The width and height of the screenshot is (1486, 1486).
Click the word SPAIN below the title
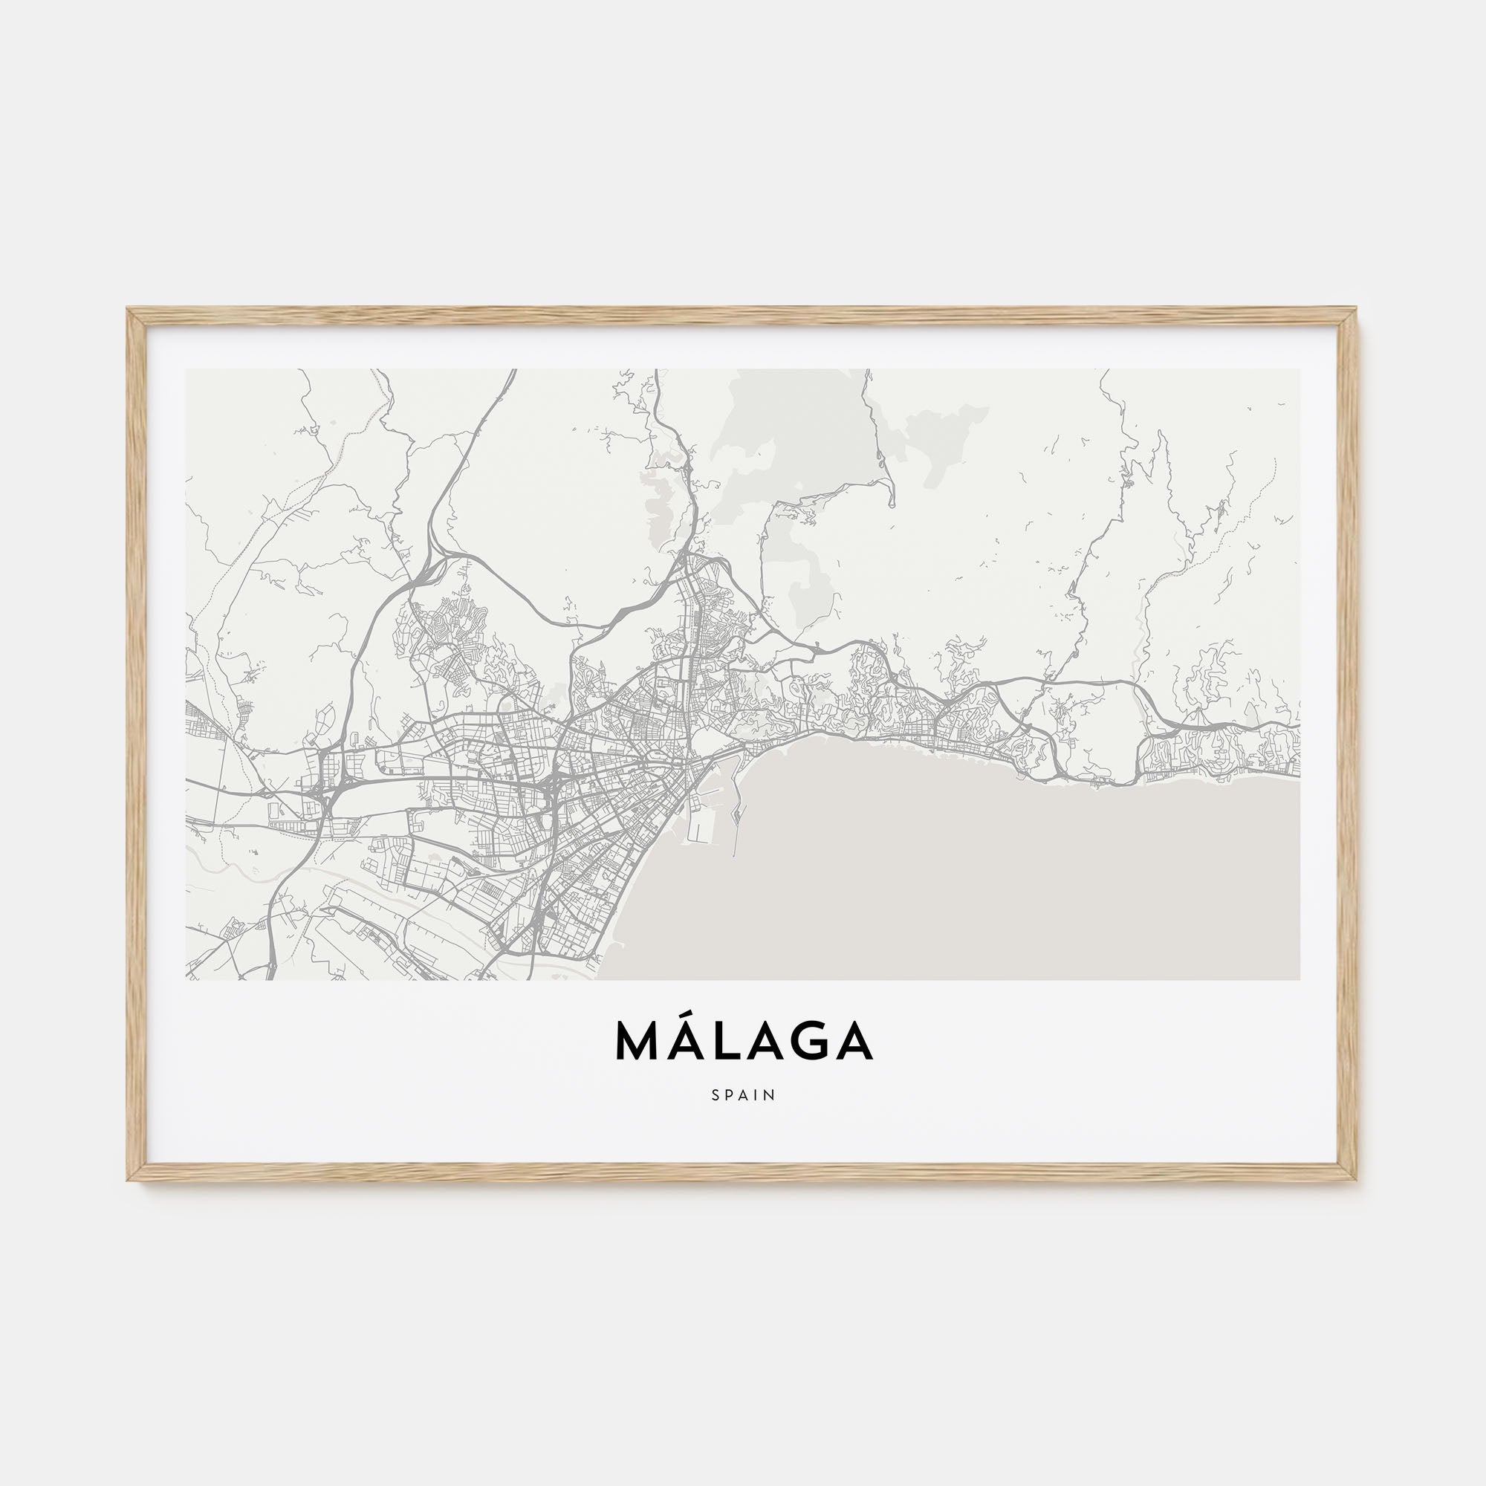(x=743, y=1094)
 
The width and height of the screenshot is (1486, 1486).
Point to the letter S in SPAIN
(x=716, y=1094)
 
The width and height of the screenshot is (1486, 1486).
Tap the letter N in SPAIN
(x=770, y=1094)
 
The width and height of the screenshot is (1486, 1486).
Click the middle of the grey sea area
(x=961, y=869)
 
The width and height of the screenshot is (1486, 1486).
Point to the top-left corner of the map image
(x=186, y=369)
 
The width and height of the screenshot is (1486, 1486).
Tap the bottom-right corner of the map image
(x=1300, y=979)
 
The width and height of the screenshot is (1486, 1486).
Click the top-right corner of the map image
(x=1300, y=369)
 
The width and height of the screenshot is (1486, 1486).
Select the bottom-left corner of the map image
(x=186, y=979)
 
